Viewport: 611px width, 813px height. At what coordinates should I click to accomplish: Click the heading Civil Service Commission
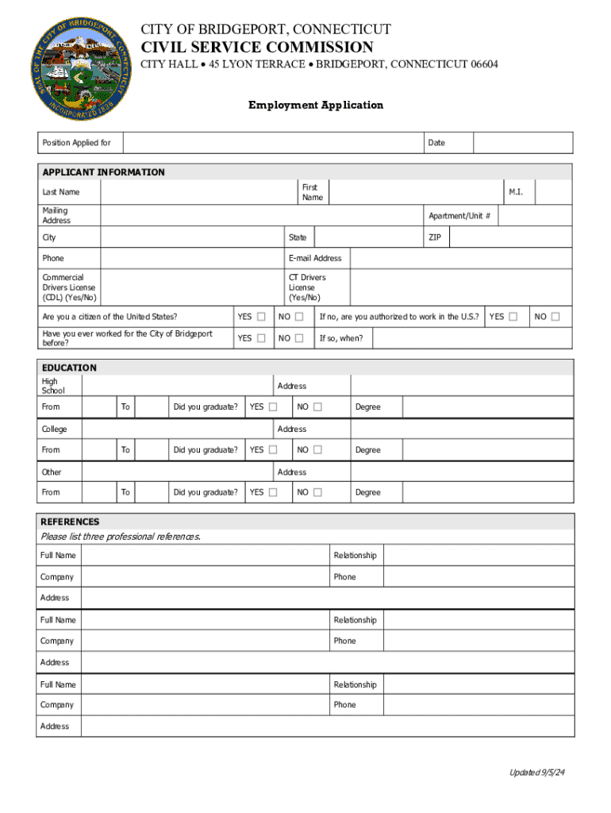257,48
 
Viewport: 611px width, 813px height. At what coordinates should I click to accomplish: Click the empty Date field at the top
522,143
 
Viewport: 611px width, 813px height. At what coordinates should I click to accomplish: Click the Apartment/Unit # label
459,216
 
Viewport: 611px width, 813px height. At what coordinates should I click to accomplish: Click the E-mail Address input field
460,258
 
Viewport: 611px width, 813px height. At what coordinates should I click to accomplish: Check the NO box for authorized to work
555,317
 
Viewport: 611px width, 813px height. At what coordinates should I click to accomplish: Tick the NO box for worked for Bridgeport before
299,338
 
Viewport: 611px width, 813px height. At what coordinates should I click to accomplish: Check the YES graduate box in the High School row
273,407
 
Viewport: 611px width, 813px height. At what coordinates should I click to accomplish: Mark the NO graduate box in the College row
317,450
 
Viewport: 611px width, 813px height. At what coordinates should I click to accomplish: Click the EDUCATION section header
70,368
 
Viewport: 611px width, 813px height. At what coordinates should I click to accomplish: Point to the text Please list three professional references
121,537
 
